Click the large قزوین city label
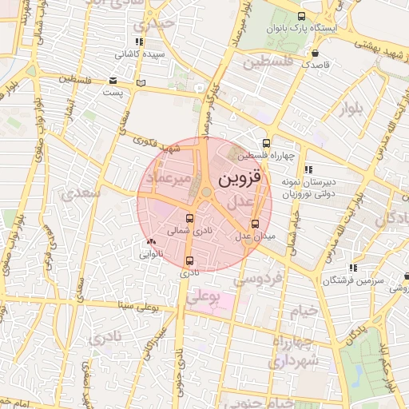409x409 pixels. tap(240, 179)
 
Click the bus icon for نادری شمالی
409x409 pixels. tap(189, 218)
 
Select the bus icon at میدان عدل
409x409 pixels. tap(256, 224)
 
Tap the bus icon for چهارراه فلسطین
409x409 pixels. tap(267, 143)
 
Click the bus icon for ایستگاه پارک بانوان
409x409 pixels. tap(301, 16)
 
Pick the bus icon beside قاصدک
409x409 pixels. tap(304, 53)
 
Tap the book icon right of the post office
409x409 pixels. tap(141, 82)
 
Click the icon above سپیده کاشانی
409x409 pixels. tap(140, 42)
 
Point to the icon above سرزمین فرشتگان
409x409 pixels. tap(352, 268)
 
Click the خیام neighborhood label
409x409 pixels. tap(304, 310)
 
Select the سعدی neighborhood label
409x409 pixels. tap(81, 193)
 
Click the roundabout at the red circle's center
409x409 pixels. tap(206, 192)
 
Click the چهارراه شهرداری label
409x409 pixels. tap(295, 352)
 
